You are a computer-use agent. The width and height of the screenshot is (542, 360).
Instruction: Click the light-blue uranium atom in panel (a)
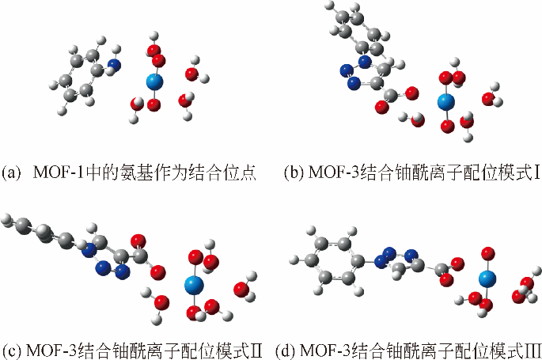[x=154, y=81]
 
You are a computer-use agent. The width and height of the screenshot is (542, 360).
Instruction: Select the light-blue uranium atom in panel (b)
[x=447, y=101]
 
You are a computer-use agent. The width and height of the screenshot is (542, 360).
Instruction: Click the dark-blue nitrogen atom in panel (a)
[x=115, y=64]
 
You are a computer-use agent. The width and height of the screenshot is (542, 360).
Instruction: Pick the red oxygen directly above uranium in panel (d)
[x=487, y=252]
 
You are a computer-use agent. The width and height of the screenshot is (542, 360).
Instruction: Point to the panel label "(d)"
[x=286, y=349]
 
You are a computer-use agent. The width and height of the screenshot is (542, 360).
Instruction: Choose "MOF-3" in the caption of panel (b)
[x=333, y=172]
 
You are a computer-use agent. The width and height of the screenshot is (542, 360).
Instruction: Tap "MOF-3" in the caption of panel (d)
[x=324, y=349]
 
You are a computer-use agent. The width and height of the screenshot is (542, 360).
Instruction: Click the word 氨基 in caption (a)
[x=135, y=172]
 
